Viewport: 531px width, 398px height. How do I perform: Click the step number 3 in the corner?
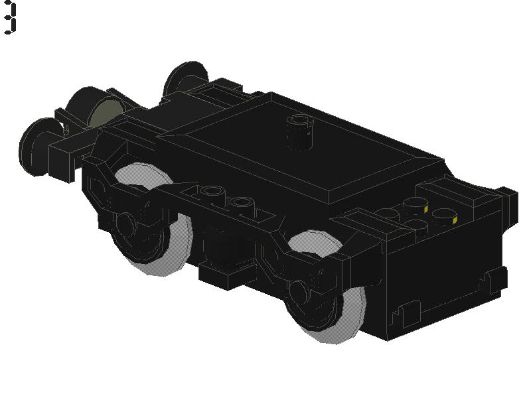(9, 18)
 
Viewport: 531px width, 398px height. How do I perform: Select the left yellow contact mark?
(425, 210)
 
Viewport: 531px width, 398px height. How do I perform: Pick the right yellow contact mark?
(455, 221)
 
